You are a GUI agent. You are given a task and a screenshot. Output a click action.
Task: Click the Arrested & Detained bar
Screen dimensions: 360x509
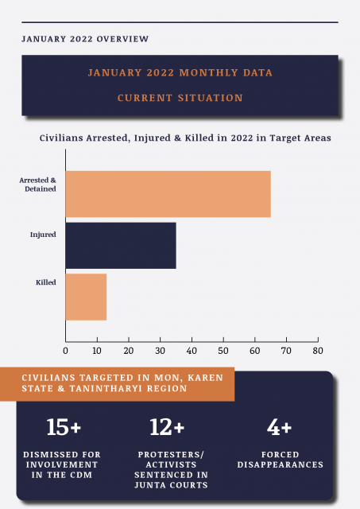coord(168,194)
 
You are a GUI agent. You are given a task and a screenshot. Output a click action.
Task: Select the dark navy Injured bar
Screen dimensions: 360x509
coord(121,246)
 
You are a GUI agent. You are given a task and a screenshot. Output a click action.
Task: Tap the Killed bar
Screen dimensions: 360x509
coord(86,297)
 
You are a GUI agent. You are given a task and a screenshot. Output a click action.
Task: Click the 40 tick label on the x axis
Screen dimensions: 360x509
coord(192,351)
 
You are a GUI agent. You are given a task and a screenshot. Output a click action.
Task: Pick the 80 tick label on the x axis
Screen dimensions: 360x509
coord(318,351)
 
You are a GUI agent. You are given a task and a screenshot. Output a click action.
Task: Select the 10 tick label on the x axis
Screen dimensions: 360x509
coord(97,351)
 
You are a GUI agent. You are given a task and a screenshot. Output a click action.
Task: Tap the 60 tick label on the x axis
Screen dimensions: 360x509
coord(255,351)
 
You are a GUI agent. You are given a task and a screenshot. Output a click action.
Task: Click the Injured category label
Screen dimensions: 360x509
coord(43,235)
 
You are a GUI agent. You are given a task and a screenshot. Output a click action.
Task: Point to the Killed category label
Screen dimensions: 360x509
coord(46,282)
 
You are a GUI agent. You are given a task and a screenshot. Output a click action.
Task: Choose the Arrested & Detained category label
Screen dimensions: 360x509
coord(37,185)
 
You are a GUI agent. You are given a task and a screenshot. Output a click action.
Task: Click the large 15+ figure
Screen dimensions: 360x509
coord(64,427)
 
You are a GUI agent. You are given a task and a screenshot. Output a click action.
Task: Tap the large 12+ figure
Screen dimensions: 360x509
coord(167,427)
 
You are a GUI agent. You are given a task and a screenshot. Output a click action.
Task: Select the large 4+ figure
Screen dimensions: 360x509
coord(279,427)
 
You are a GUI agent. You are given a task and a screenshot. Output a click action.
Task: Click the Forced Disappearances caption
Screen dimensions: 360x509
coord(281,460)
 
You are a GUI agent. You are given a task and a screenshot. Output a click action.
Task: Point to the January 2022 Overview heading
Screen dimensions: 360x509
coord(85,39)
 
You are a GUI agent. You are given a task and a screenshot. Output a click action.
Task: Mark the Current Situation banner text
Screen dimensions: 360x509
coord(180,98)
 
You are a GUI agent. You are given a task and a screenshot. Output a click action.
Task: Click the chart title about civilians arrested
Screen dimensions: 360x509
coord(185,138)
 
